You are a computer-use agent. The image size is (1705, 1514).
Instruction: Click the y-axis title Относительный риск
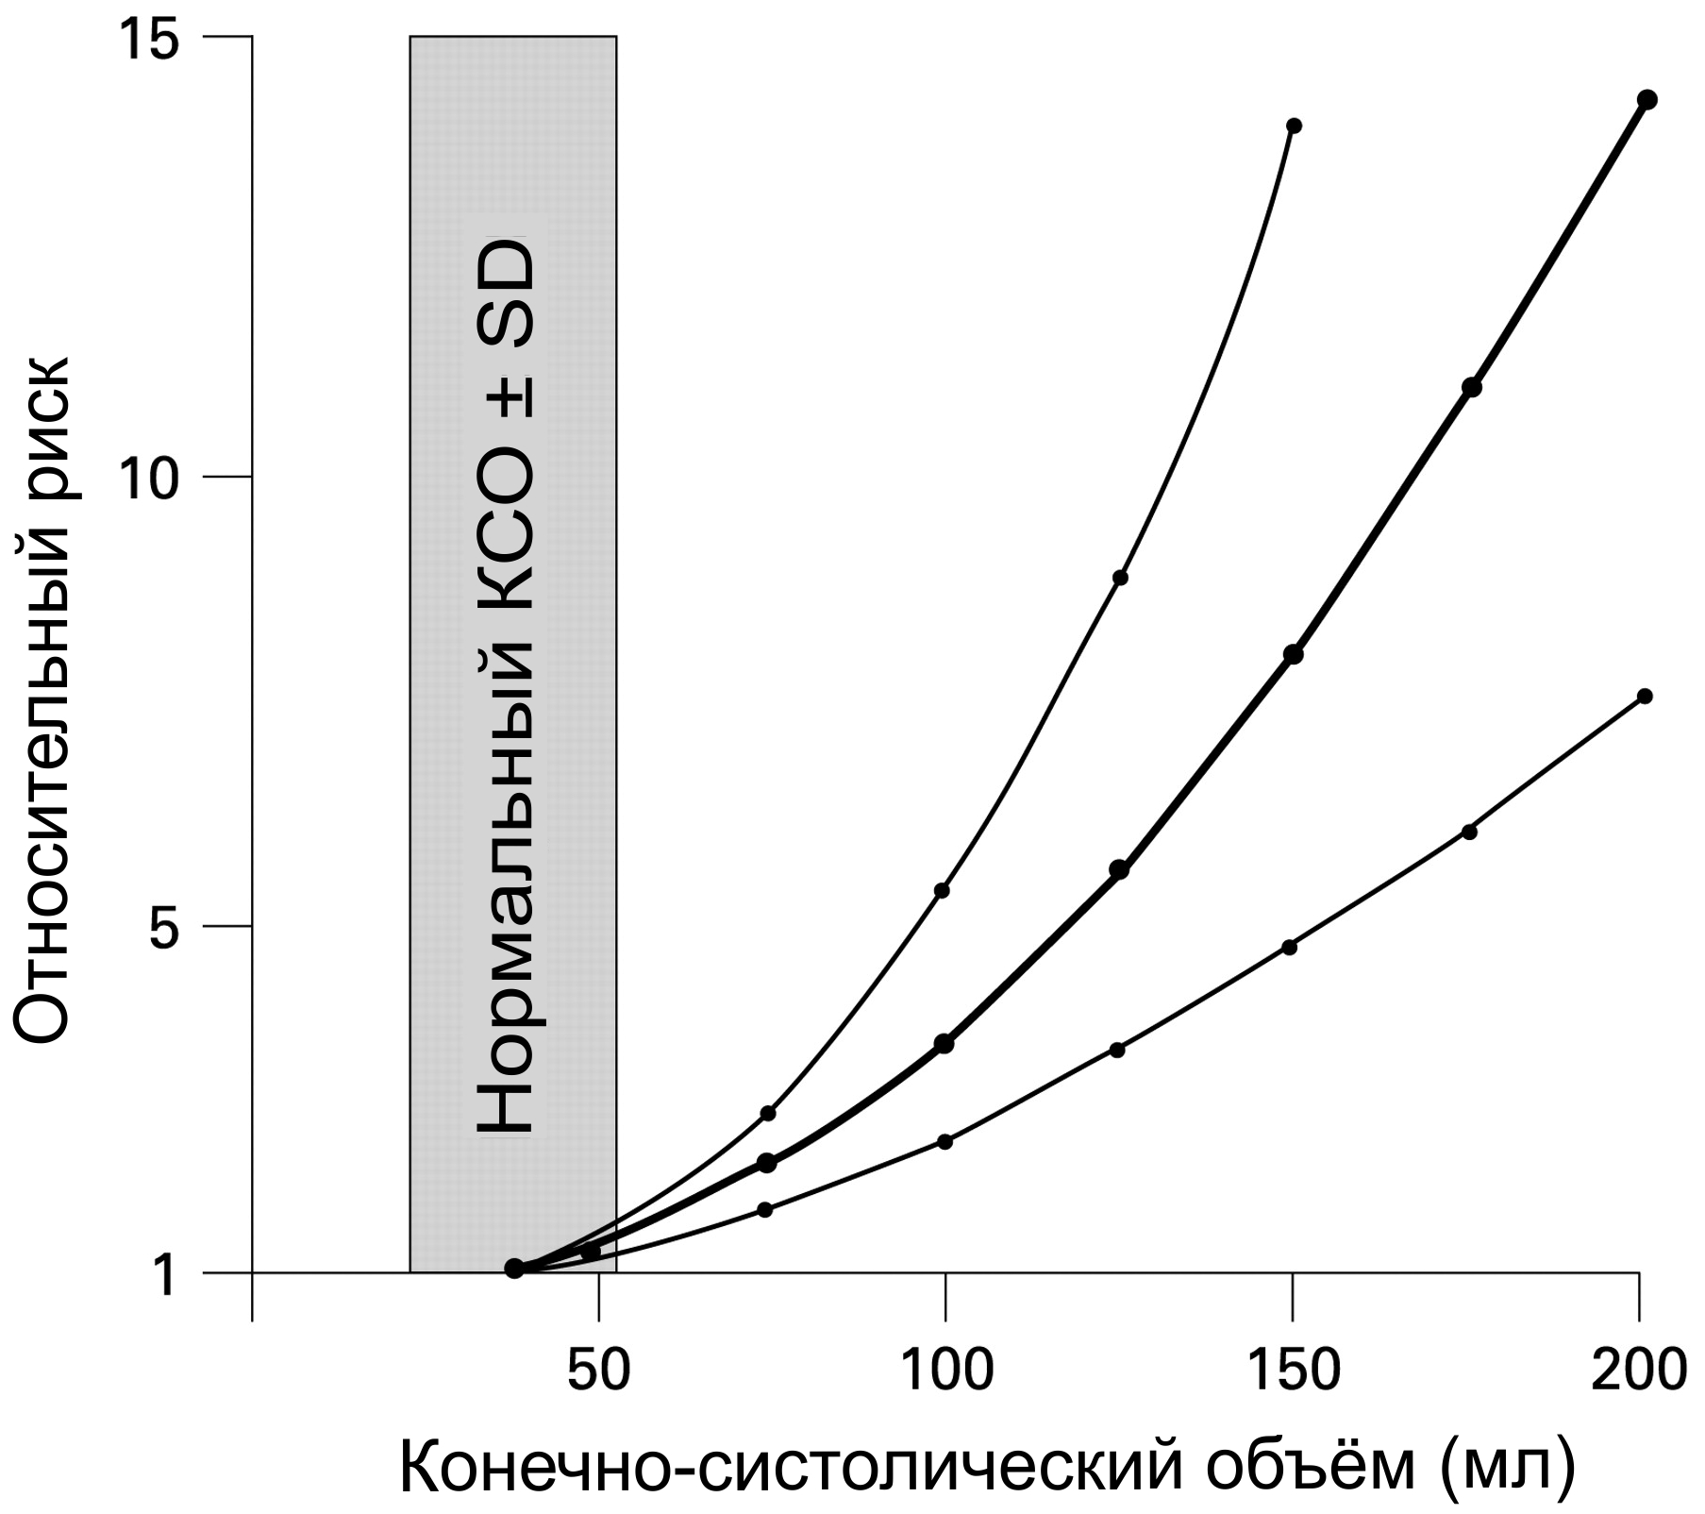coord(42,699)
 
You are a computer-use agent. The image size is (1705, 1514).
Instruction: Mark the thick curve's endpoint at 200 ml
coord(1647,100)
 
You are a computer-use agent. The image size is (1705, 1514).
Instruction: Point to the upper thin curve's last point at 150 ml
coord(1295,126)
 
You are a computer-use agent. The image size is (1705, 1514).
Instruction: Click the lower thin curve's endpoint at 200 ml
coord(1645,696)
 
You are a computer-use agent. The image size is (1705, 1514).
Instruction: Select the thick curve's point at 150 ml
coord(1294,654)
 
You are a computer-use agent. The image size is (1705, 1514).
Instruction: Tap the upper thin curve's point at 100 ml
coord(942,890)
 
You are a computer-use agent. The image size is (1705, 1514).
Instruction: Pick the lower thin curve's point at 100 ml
coord(945,1141)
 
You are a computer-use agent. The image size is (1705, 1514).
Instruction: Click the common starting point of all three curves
coord(514,1268)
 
